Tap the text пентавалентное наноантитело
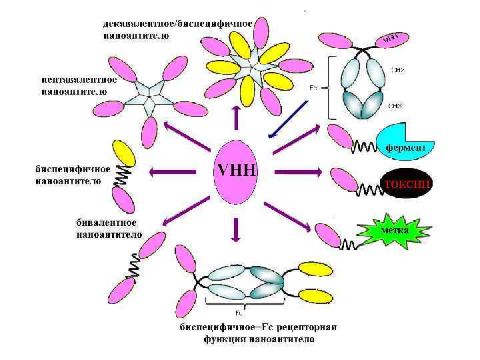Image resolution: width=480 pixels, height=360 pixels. tap(79, 85)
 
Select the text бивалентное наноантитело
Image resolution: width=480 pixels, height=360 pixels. tap(106, 228)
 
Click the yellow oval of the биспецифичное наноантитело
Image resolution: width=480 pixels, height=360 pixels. tap(125, 154)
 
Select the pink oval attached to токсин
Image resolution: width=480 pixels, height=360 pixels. tap(345, 179)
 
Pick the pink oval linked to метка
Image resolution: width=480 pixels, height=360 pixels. tap(327, 234)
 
